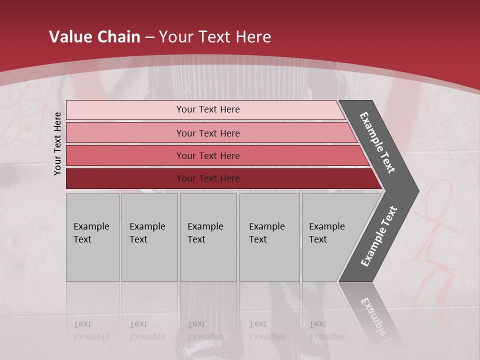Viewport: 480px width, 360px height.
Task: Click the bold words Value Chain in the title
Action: point(94,37)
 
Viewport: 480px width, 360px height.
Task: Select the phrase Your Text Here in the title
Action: point(215,37)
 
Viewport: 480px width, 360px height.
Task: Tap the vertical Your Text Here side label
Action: point(57,143)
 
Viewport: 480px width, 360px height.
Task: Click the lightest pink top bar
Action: point(125,110)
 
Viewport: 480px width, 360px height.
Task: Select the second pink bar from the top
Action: point(125,133)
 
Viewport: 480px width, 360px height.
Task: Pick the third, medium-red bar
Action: point(125,155)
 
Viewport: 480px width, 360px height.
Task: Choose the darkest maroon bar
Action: point(125,178)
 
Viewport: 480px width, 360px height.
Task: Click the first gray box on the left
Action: point(92,255)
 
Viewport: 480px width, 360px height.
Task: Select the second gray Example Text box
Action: point(149,255)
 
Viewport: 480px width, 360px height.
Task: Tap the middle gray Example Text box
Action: point(208,255)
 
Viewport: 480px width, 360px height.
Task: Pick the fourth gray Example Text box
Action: point(269,255)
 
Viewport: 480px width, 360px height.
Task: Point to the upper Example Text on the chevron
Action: point(377,142)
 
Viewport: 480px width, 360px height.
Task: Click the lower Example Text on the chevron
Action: point(379,236)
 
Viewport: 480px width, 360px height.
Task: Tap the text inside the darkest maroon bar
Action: point(208,178)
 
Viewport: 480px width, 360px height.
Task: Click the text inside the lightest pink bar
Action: point(208,109)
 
